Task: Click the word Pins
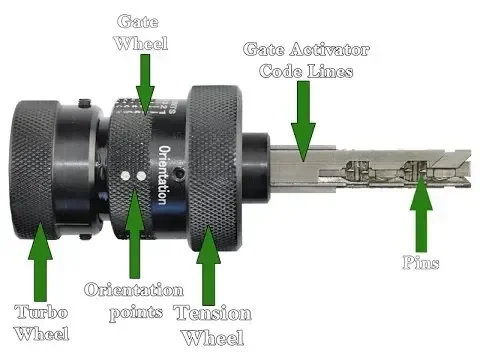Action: pos(421,262)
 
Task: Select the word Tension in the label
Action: pos(212,314)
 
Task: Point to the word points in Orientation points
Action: pos(134,312)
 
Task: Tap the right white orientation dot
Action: pos(141,176)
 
